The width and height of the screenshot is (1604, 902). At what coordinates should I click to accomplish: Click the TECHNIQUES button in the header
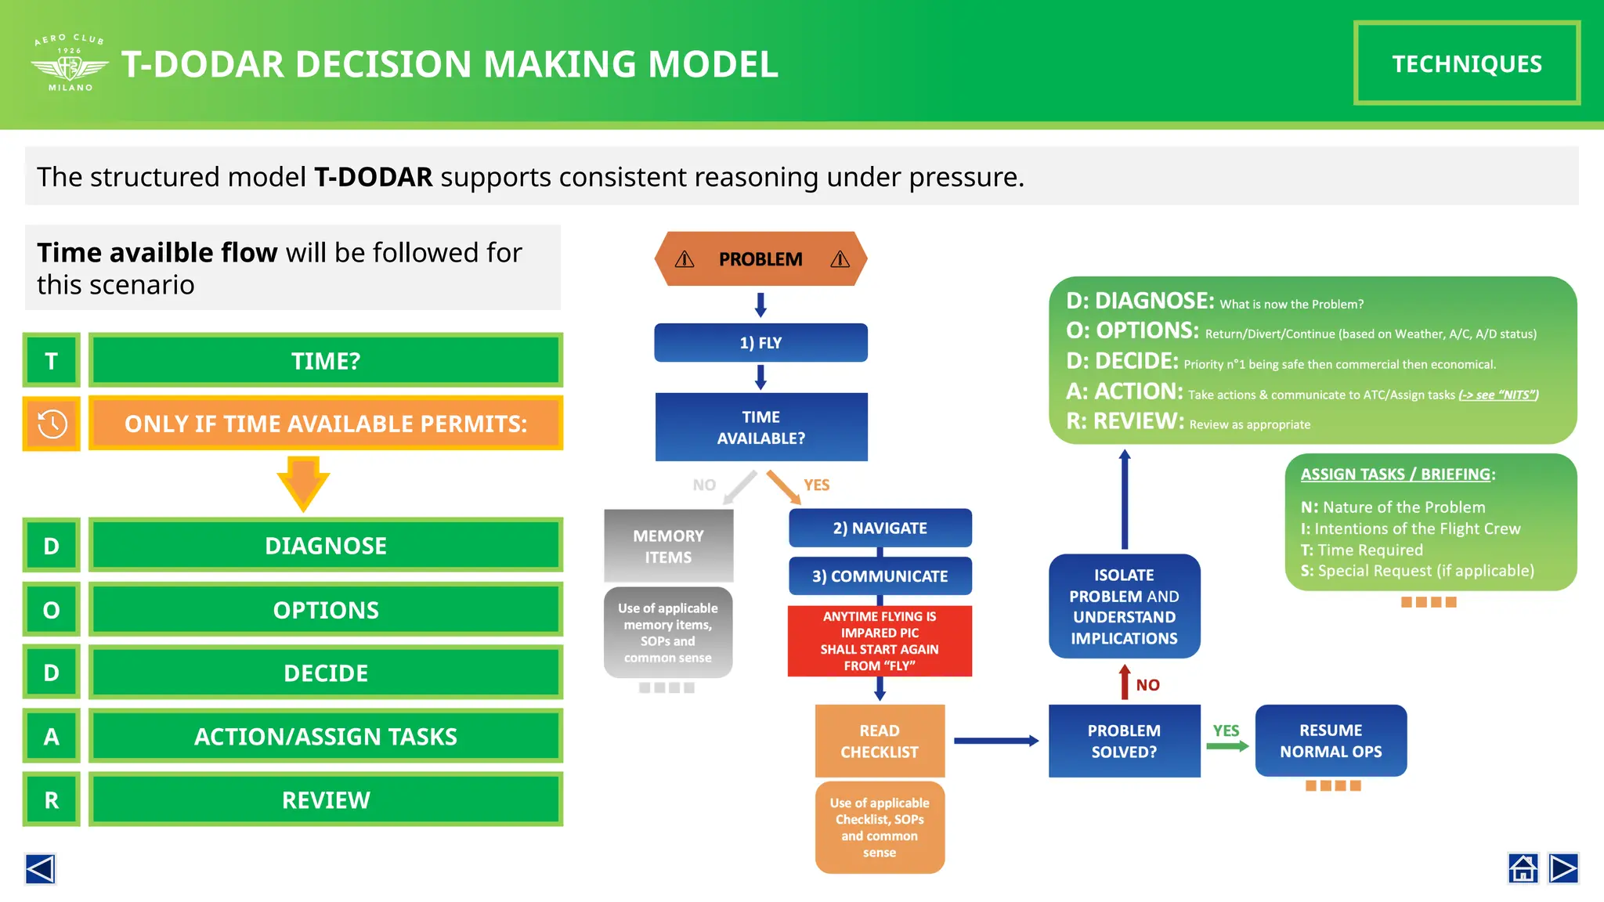click(1466, 63)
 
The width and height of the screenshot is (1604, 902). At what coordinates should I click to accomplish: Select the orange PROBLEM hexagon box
click(760, 259)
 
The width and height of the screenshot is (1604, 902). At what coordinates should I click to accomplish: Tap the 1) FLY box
click(760, 343)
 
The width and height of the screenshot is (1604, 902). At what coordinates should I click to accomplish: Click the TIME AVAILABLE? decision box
click(760, 428)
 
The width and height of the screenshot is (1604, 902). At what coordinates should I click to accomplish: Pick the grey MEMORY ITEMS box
click(668, 546)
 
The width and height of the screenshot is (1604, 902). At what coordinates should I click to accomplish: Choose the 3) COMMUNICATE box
click(880, 576)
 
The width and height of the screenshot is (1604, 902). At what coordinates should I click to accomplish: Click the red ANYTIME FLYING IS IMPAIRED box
click(880, 640)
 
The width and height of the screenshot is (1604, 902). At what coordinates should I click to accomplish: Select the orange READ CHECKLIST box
click(880, 741)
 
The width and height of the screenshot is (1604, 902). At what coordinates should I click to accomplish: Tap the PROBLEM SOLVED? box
click(1124, 741)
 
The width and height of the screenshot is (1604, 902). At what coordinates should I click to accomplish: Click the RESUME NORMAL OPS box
click(1331, 741)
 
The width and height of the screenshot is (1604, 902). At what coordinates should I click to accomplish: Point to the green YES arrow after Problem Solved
click(1227, 745)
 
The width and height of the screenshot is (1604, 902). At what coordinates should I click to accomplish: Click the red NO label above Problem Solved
click(1147, 685)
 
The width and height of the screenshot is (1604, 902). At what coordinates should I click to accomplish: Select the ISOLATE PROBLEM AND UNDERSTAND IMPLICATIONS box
click(1124, 606)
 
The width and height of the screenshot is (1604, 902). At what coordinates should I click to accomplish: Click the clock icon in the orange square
click(52, 424)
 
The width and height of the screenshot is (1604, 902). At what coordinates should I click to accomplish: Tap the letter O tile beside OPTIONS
click(52, 610)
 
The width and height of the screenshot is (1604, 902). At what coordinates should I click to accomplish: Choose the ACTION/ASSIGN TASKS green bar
click(326, 736)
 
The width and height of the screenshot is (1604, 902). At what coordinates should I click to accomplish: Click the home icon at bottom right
click(1523, 868)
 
